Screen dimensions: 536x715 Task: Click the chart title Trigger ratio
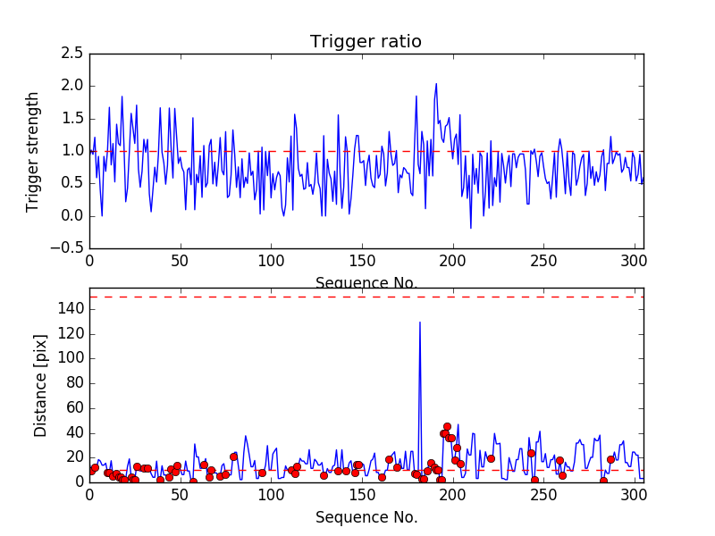pos(366,42)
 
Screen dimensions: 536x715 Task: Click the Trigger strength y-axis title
pos(33,151)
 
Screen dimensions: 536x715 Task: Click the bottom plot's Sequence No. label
pos(366,517)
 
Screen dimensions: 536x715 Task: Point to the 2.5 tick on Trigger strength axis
pos(71,54)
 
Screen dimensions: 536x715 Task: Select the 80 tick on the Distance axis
pos(73,382)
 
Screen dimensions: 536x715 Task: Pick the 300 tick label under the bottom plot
pos(634,496)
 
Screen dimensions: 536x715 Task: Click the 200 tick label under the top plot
pos(452,263)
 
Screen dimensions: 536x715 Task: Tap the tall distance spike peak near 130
pos(420,322)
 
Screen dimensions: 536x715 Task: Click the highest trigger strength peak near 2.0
pos(436,84)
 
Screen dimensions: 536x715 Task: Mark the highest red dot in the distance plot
pos(447,427)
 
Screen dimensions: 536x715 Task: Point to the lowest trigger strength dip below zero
pos(471,228)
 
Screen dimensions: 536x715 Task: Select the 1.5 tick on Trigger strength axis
pos(71,119)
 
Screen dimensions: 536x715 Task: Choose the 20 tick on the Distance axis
pos(73,456)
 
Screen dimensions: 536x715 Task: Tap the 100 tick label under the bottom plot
pos(271,496)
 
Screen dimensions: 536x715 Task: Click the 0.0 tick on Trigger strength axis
pos(71,216)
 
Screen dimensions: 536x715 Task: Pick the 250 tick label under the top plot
pos(543,263)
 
